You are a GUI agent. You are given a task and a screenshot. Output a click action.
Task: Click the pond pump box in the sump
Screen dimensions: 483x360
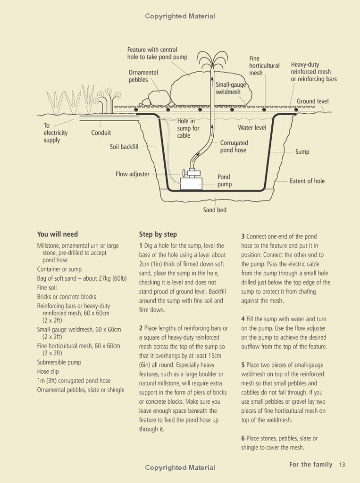(x=191, y=182)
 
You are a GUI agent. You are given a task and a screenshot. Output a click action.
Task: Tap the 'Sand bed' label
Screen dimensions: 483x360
(x=215, y=210)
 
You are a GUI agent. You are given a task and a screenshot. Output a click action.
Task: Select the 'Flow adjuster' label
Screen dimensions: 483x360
(x=132, y=174)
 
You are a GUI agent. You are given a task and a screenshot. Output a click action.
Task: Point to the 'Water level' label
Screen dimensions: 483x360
(x=251, y=128)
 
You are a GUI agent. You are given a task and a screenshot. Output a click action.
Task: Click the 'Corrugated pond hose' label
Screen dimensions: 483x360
(x=234, y=146)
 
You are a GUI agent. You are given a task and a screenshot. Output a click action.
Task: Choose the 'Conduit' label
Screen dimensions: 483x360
(x=101, y=133)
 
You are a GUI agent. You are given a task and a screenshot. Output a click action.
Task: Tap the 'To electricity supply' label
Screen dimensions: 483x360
(x=55, y=133)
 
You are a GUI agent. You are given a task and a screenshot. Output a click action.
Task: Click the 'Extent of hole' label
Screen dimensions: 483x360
(x=307, y=181)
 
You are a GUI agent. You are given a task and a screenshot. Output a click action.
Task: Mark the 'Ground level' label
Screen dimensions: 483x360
(x=312, y=101)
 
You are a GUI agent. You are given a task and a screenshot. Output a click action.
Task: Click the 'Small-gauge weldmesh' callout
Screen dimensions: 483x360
(x=230, y=88)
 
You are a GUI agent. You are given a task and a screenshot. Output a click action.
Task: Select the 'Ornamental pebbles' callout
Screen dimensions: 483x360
(x=143, y=76)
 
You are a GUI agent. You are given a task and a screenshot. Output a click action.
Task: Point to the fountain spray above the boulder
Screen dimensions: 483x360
(x=210, y=61)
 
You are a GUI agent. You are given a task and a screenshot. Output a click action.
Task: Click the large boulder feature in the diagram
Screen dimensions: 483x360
(x=189, y=90)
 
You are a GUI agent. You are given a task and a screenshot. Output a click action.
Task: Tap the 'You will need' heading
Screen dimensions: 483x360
(x=58, y=234)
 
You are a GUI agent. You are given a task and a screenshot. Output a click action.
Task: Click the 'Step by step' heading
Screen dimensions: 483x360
(x=158, y=234)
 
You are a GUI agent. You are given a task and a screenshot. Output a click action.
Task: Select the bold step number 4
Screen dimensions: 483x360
(x=243, y=319)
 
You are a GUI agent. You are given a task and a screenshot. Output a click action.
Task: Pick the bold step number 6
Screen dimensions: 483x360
(x=243, y=439)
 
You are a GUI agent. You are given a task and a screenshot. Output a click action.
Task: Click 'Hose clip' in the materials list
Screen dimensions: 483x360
(x=48, y=372)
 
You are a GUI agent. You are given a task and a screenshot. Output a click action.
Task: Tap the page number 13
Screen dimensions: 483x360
(x=342, y=465)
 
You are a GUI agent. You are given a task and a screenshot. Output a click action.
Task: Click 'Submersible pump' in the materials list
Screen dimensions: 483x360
(x=59, y=362)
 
